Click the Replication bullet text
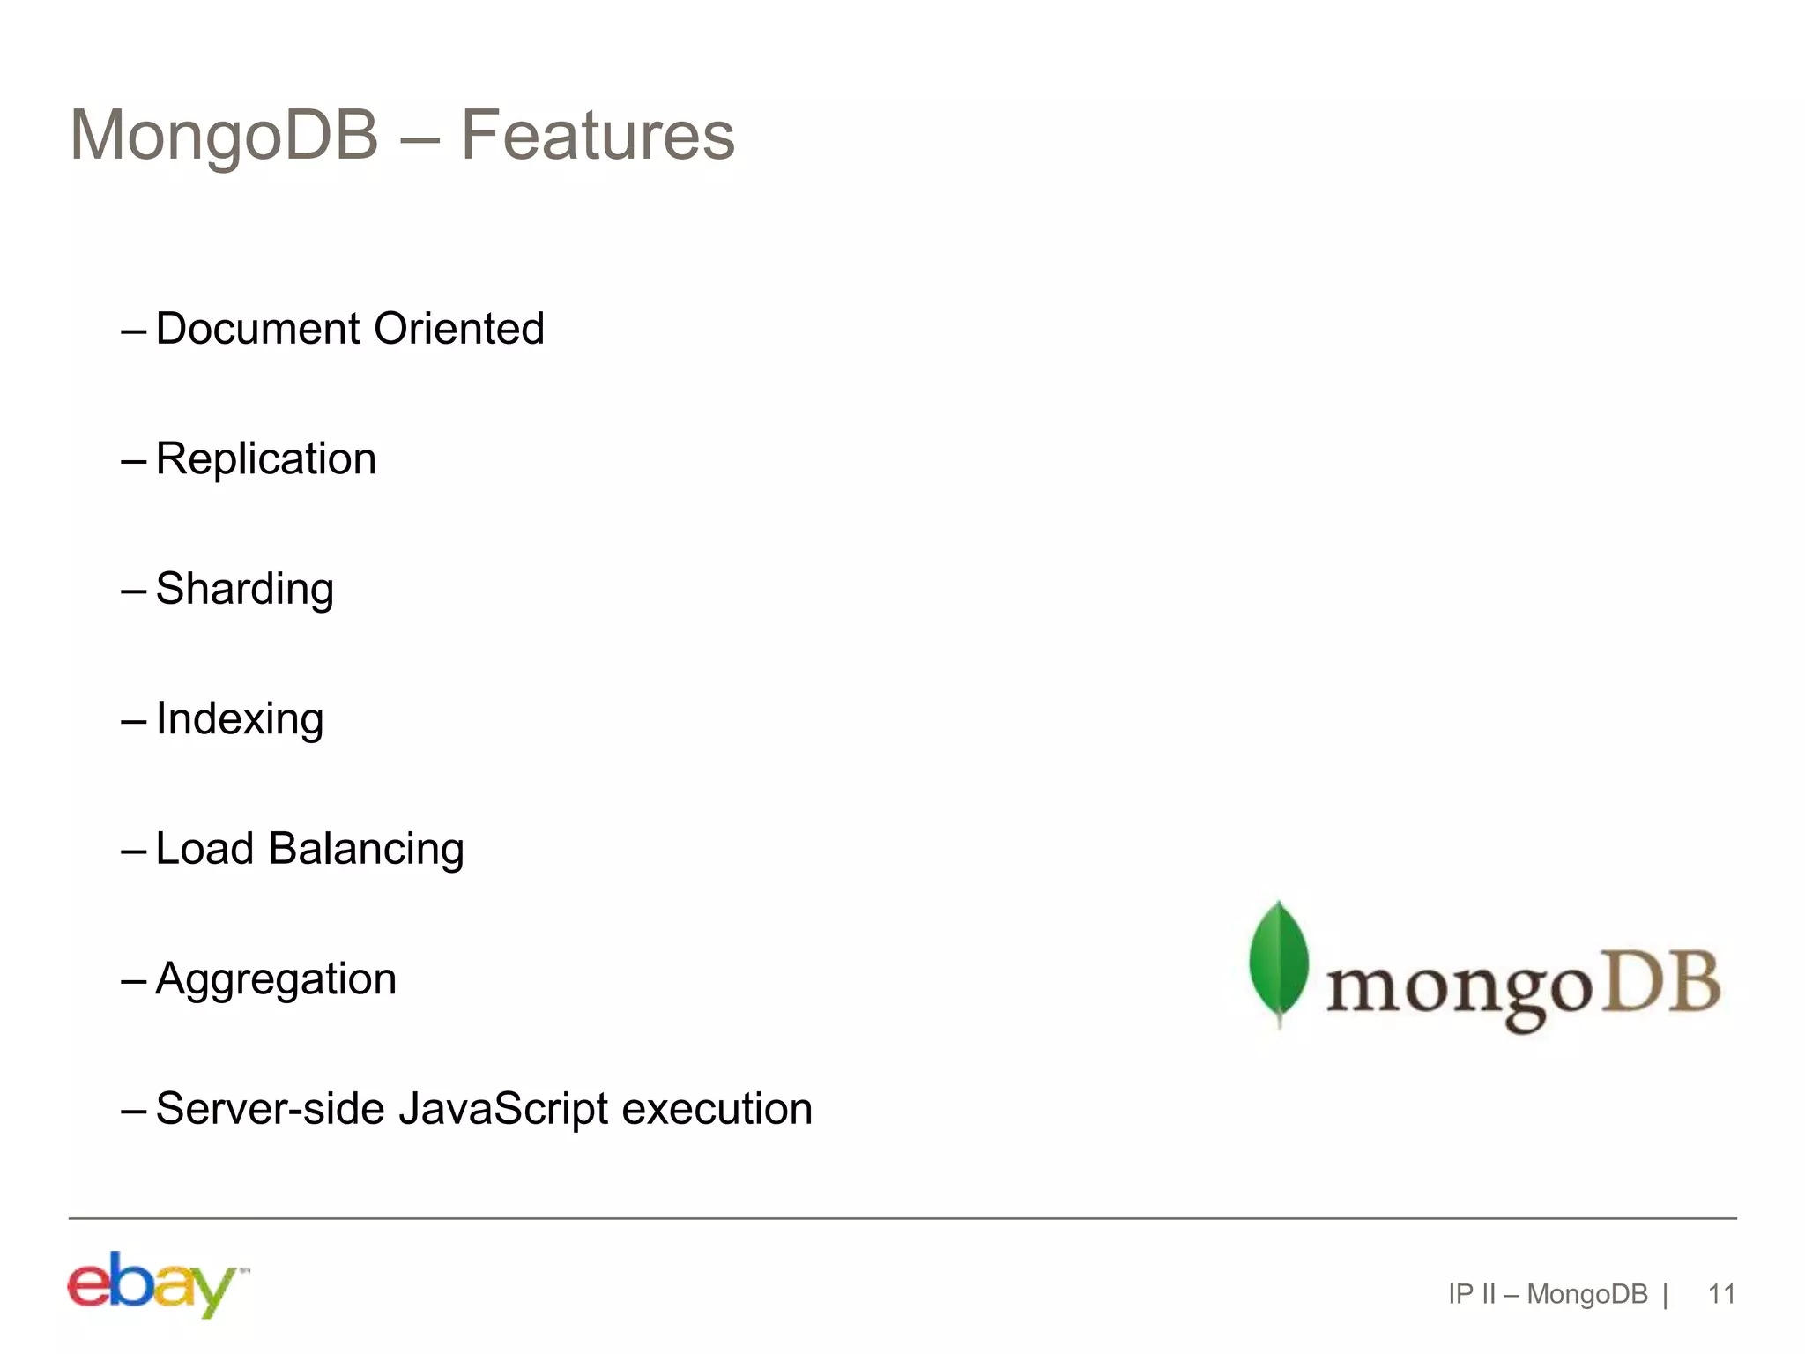click(265, 459)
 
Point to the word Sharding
click(244, 589)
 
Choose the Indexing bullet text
click(240, 719)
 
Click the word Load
click(204, 849)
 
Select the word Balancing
click(366, 850)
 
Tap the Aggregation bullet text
click(276, 979)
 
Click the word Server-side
click(270, 1109)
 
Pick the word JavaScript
click(502, 1109)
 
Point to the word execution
click(717, 1109)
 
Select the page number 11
click(1721, 1294)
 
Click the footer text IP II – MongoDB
click(1548, 1294)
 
